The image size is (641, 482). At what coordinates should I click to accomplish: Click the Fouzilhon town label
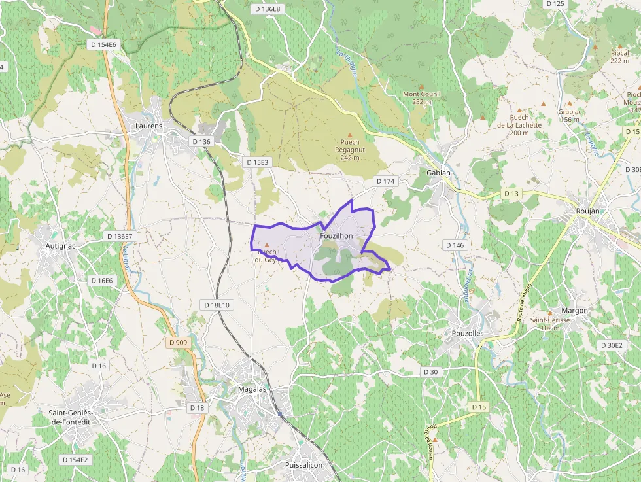[x=337, y=236]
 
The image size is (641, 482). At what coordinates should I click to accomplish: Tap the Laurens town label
[x=148, y=126]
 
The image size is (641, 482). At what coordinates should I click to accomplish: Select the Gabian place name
[x=438, y=173]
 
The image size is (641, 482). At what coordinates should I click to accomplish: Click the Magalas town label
[x=252, y=389]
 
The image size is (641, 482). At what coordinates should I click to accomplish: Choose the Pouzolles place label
[x=468, y=333]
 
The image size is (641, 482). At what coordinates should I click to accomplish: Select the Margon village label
[x=575, y=310]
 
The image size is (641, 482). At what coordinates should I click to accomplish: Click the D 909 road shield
[x=177, y=342]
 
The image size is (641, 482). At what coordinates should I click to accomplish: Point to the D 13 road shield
[x=511, y=194]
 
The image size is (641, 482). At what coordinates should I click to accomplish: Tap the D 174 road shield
[x=385, y=181]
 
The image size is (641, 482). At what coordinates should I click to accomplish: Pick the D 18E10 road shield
[x=217, y=305]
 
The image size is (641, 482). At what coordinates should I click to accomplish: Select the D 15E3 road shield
[x=256, y=162]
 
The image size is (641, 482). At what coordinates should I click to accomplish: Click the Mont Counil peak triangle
[x=422, y=86]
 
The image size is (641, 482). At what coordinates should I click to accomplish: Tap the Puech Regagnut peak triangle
[x=349, y=135]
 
